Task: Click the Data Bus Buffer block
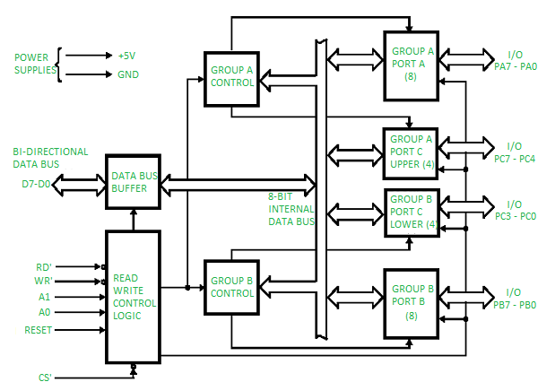[x=133, y=179]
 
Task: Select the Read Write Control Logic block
[x=133, y=297]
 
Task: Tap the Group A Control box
[x=232, y=75]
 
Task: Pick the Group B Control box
[x=232, y=287]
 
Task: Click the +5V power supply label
[x=127, y=56]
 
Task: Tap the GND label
[x=128, y=75]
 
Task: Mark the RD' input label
[x=45, y=266]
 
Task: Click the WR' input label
[x=45, y=282]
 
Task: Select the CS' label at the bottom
[x=46, y=378]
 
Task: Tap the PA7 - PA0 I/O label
[x=515, y=66]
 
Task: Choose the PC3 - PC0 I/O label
[x=515, y=216]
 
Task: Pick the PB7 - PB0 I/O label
[x=515, y=305]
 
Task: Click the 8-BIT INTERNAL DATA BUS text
[x=291, y=208]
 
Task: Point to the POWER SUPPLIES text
[x=30, y=65]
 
